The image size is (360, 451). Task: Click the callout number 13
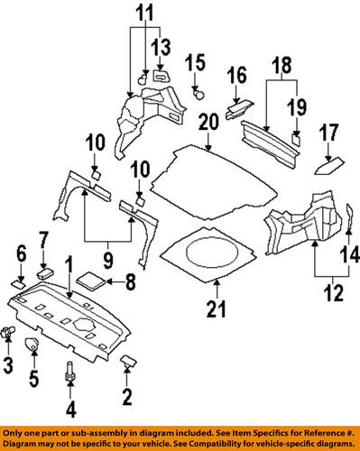click(x=161, y=47)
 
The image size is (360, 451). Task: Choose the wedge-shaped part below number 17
click(x=327, y=165)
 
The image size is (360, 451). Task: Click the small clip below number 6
click(x=18, y=283)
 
